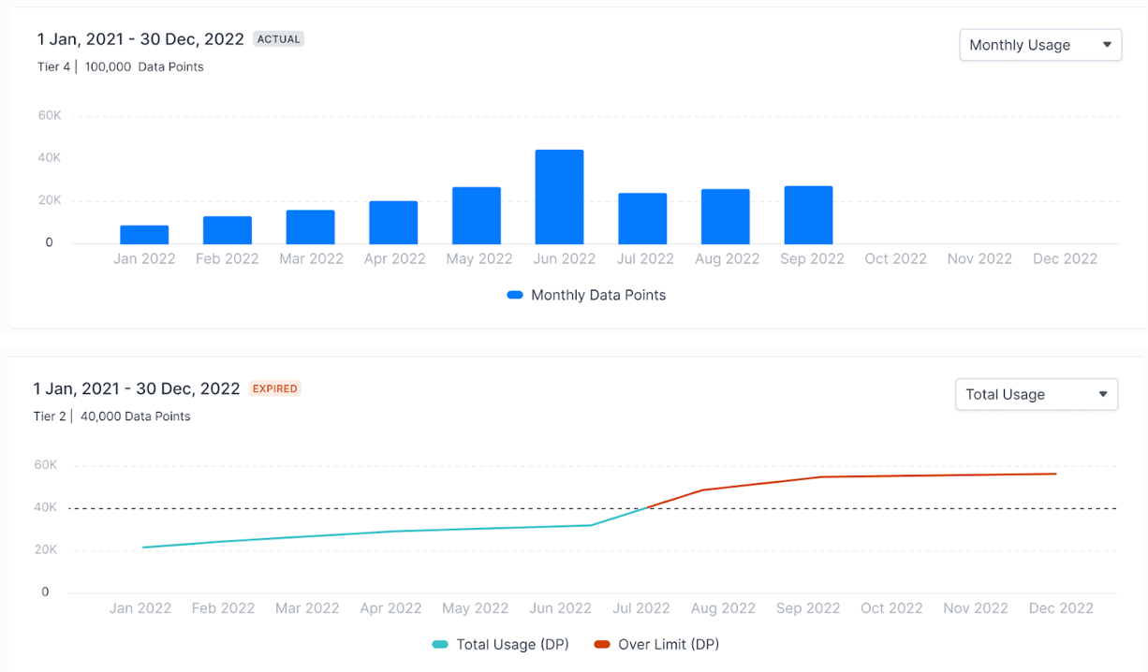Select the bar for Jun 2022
(x=559, y=197)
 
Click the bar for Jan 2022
(x=144, y=234)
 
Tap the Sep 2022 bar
(x=808, y=215)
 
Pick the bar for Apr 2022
(x=393, y=222)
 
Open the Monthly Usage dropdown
(x=1040, y=45)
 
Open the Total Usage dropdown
(x=1036, y=394)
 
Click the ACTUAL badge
(x=279, y=39)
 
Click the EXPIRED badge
(x=274, y=388)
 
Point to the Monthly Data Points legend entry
(x=586, y=295)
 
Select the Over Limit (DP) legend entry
(x=656, y=644)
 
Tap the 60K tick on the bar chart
(x=49, y=116)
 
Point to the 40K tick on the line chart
(x=45, y=507)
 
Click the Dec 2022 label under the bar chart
(x=1065, y=259)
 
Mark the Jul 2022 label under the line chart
(x=641, y=608)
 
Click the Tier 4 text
(x=53, y=66)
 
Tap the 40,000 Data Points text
(x=135, y=416)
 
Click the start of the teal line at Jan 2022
(x=143, y=548)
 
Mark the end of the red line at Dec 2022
(x=1056, y=474)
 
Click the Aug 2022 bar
(x=726, y=216)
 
